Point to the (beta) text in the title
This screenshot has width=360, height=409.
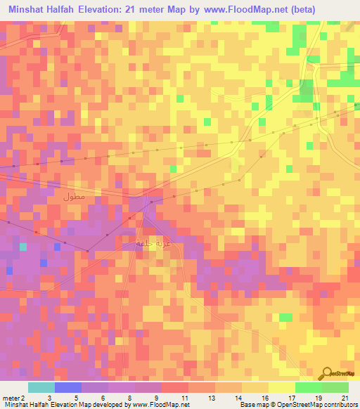(297, 9)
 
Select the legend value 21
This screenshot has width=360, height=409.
(345, 398)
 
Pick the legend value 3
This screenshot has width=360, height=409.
(49, 398)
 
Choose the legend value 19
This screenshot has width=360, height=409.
(318, 398)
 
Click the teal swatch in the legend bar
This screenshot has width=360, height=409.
(41, 387)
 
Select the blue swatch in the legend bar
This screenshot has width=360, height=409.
(68, 387)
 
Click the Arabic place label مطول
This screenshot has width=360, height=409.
(74, 197)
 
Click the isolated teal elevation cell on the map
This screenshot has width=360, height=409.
(23, 247)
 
